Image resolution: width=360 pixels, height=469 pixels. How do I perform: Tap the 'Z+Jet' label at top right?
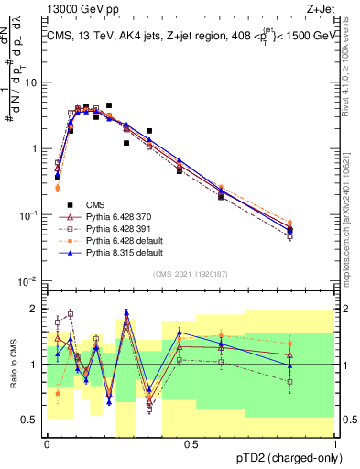(x=321, y=10)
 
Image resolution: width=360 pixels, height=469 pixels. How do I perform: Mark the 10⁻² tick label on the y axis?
(x=29, y=280)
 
